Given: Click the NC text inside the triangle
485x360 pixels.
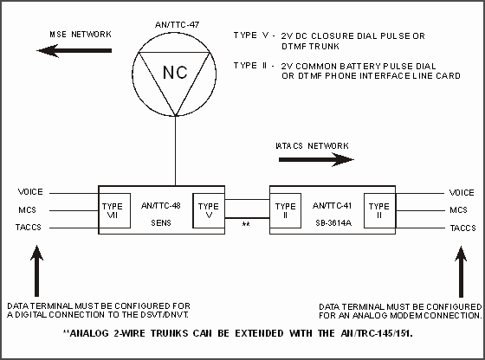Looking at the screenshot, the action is click(175, 73).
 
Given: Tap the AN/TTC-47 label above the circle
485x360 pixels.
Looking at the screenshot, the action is click(177, 25).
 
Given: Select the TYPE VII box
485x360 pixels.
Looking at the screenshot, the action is click(114, 211).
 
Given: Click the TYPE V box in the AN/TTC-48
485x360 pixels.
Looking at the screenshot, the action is click(209, 211).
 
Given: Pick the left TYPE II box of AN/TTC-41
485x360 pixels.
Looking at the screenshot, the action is click(285, 211).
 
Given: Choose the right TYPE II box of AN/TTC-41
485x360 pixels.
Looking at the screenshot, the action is click(379, 211).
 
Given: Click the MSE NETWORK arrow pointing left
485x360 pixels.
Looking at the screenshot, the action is click(74, 51).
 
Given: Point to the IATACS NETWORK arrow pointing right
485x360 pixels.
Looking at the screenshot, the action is click(316, 160).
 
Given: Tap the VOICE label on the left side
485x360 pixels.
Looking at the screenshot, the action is click(30, 192).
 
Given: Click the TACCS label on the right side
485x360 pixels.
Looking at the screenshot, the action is click(462, 228).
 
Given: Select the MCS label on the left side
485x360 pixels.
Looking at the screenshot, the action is click(27, 209).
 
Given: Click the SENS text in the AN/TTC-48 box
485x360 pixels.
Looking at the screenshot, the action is click(161, 222).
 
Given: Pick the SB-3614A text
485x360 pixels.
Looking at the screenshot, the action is click(333, 222).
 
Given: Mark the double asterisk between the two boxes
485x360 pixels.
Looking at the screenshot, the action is click(246, 224).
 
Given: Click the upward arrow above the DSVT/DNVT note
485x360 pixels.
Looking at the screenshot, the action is click(36, 271).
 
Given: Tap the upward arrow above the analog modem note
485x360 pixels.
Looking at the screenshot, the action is click(461, 272).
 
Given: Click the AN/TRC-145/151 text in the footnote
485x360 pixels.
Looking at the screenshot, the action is click(377, 333).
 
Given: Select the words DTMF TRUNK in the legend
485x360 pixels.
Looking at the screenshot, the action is click(310, 47).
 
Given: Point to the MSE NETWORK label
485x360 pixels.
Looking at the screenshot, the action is click(81, 35).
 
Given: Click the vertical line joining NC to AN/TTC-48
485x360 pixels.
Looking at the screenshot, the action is click(175, 151).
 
